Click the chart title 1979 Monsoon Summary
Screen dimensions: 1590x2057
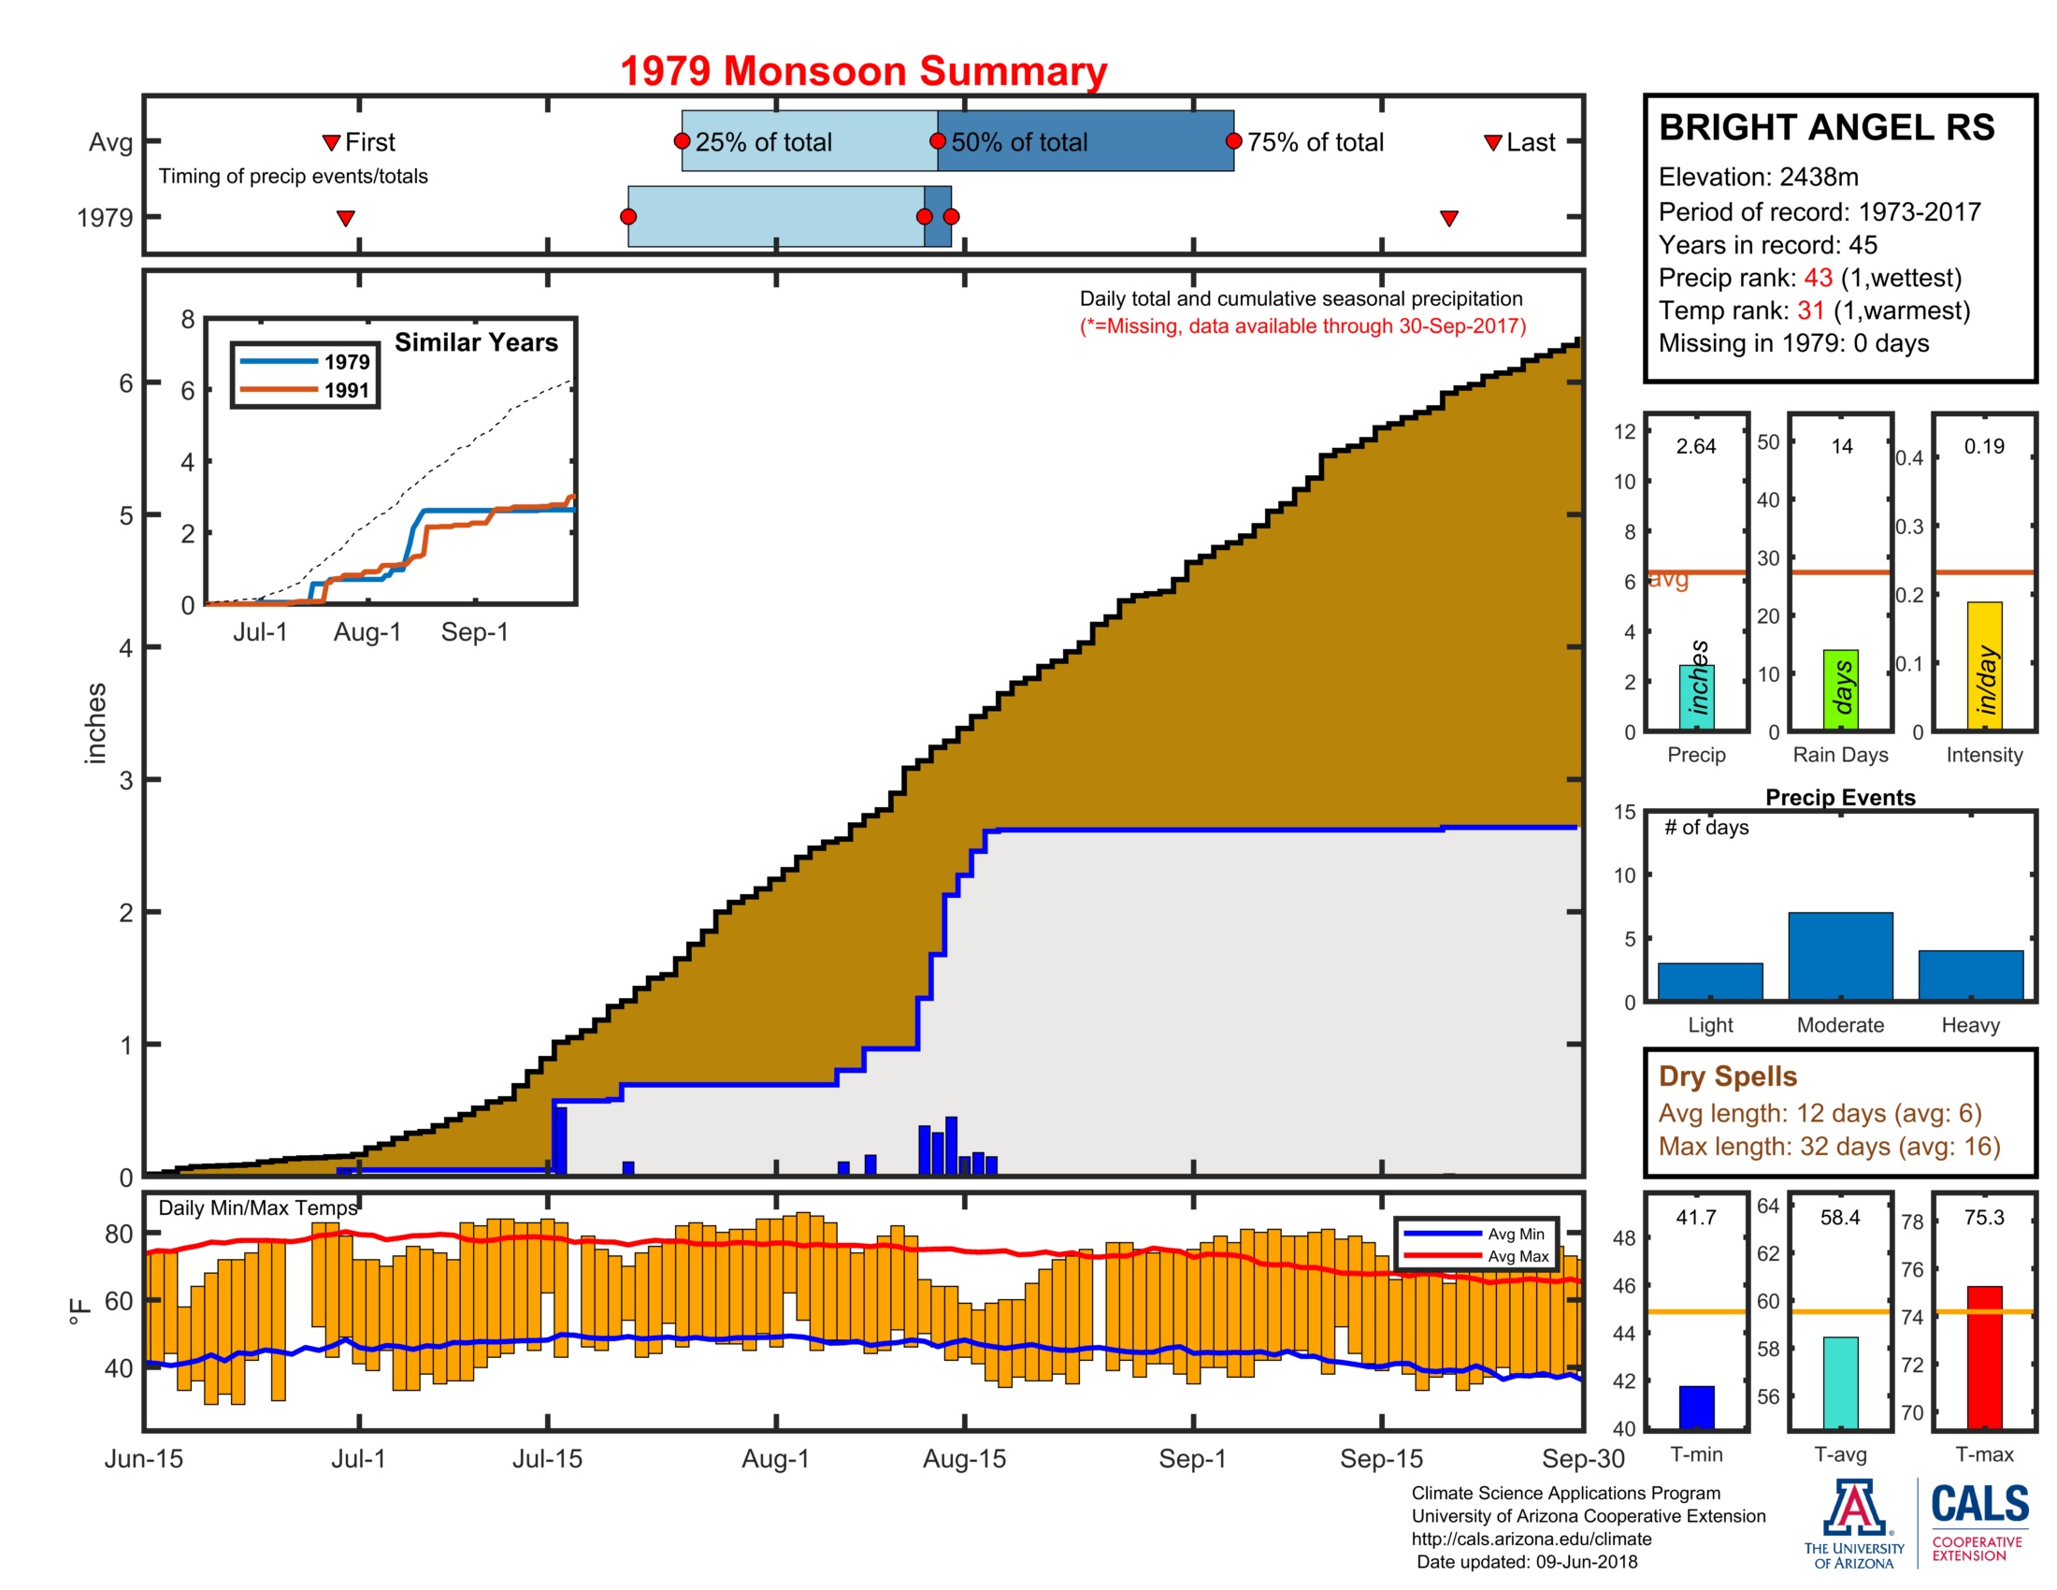(x=863, y=72)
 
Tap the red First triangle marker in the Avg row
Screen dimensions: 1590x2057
(x=331, y=142)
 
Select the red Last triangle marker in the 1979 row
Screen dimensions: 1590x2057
(x=1448, y=219)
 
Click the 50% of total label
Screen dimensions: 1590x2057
(x=1018, y=142)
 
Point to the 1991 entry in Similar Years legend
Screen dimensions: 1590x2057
(x=346, y=390)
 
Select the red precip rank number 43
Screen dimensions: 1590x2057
(x=1818, y=278)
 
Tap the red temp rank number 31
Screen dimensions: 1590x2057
(x=1810, y=311)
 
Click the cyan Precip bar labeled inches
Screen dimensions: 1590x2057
(x=1696, y=697)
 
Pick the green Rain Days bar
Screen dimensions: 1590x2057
(x=1840, y=689)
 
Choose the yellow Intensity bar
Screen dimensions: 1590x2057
(x=1984, y=666)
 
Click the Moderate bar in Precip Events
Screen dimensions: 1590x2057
(x=1839, y=955)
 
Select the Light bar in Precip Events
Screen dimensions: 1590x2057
(x=1709, y=980)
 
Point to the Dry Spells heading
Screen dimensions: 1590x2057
(x=1727, y=1076)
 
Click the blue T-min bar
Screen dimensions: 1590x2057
(x=1696, y=1407)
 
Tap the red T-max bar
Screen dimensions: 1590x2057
(x=1984, y=1356)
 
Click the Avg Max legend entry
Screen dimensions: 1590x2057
(x=1518, y=1256)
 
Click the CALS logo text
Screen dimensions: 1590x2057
(x=1979, y=1504)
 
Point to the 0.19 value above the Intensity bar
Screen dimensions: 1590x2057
(x=1983, y=446)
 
